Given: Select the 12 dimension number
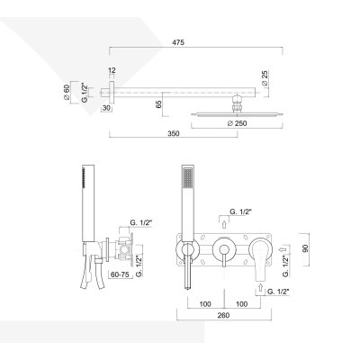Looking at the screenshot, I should [x=111, y=70].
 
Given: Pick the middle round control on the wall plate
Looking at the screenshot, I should [x=221, y=249].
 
